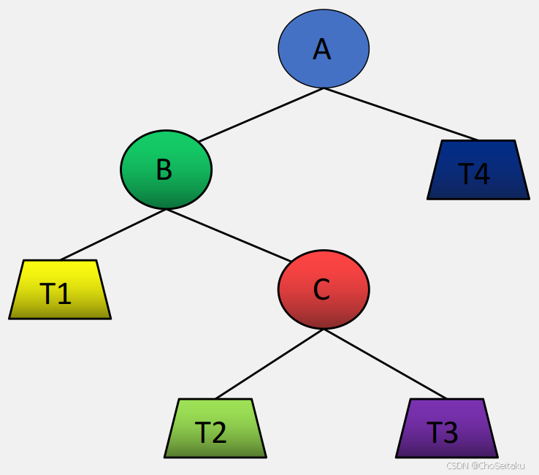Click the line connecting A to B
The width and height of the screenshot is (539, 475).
click(261, 115)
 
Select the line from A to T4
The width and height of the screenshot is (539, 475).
click(400, 114)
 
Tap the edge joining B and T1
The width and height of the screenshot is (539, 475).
click(113, 235)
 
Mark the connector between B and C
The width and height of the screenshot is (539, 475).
click(228, 235)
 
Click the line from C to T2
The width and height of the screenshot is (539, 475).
click(269, 364)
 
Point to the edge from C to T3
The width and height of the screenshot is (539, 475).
click(385, 364)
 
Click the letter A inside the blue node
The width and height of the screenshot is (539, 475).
click(322, 49)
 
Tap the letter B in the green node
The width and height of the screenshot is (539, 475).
click(164, 170)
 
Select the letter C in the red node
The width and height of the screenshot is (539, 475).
click(321, 290)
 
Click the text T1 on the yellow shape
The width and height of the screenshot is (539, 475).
click(56, 294)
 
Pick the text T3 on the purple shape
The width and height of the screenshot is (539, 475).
click(442, 433)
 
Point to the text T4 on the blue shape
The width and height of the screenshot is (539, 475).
click(474, 175)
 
